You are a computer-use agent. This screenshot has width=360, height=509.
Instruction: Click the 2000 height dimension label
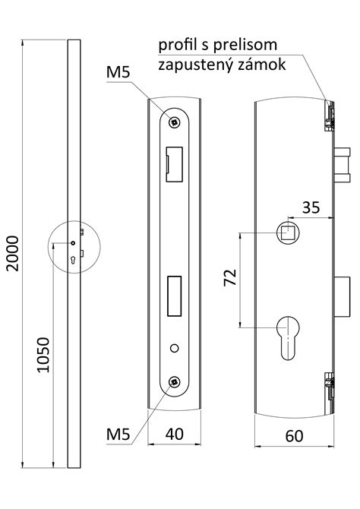pos(14,254)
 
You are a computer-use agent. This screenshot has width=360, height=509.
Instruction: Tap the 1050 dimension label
pos(43,355)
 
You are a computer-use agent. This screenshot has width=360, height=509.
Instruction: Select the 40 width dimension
pos(175,434)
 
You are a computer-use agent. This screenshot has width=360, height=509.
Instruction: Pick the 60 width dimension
pos(294,436)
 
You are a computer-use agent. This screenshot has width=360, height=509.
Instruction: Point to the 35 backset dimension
pos(311,207)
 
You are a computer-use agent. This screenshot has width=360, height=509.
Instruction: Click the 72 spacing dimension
pos(230,277)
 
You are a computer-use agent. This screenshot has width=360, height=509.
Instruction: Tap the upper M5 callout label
pos(118,72)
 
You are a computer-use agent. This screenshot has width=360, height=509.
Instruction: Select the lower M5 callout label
pos(118,434)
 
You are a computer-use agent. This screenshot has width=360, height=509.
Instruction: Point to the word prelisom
pos(245,45)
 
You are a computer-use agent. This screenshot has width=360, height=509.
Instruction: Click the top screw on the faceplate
pos(175,122)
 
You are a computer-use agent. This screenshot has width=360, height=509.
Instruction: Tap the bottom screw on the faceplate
pos(175,381)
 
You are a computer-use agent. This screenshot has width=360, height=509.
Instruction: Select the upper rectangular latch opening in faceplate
pos(175,164)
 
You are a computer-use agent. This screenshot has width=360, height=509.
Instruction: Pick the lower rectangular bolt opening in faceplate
pos(175,296)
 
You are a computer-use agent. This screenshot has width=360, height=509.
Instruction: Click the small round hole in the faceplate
pos(175,348)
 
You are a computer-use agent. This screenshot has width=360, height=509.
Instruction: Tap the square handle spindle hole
pos(288,232)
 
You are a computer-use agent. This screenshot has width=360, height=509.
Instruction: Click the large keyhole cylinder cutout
pos(288,338)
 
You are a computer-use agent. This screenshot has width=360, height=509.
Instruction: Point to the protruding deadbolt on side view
pos(342,296)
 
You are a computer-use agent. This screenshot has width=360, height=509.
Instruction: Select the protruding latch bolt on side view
pos(342,165)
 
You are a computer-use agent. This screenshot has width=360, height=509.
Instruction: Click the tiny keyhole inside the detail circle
pos(72,260)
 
